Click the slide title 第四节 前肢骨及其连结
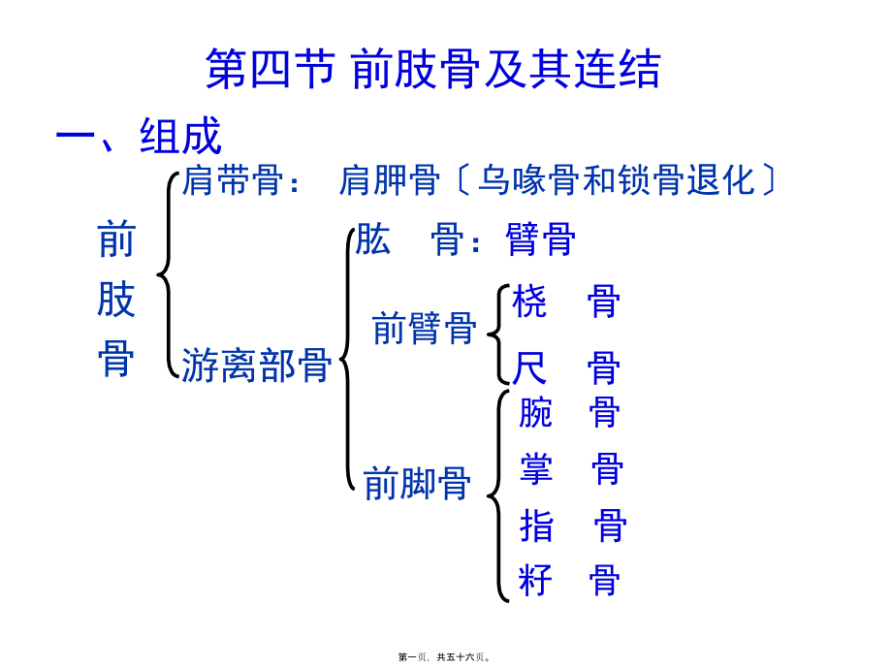433,70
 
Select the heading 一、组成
139,137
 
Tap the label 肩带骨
233,180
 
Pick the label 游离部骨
256,366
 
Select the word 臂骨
541,239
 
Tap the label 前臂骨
424,328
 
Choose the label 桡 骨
566,303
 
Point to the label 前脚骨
417,482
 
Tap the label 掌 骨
570,470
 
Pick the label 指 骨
572,526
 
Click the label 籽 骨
569,581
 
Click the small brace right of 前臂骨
495,334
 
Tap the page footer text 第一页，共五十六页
445,657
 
